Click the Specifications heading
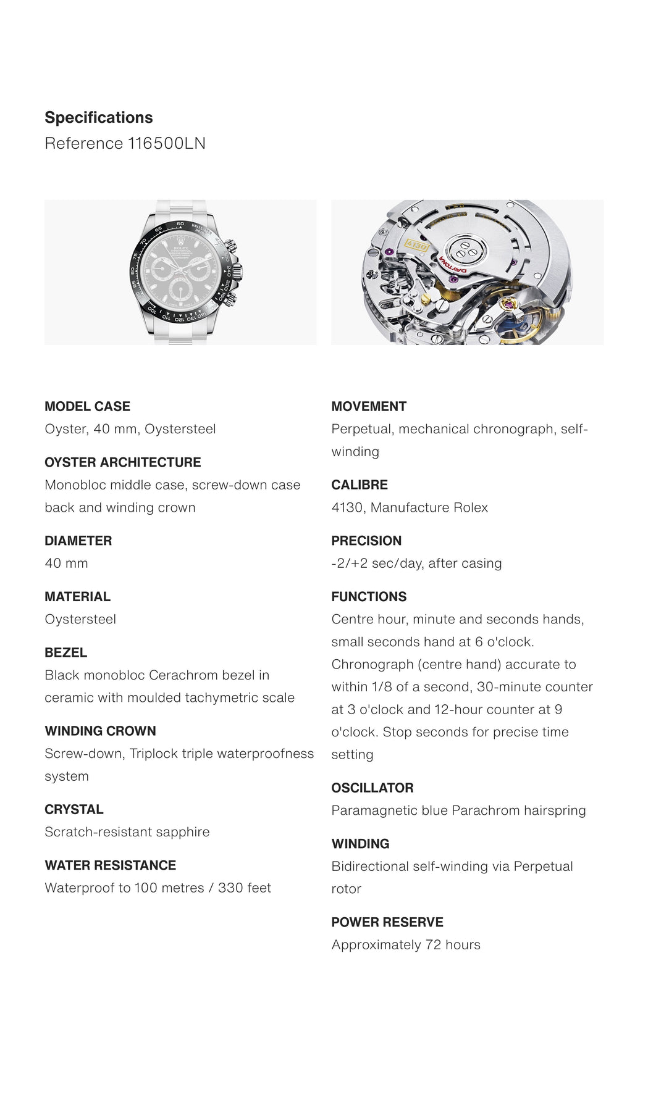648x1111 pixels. tap(99, 117)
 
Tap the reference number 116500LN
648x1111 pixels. tap(167, 143)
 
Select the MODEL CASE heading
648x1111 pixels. tap(87, 406)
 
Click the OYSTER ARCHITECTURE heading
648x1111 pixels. tap(122, 462)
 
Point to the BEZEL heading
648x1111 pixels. tap(65, 652)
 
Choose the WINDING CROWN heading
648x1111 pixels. tap(100, 731)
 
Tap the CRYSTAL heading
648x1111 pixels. tap(74, 809)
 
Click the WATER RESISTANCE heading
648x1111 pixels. tap(110, 865)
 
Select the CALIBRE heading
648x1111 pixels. tap(360, 485)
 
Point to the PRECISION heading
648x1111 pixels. tap(366, 541)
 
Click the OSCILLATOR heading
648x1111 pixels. tap(372, 788)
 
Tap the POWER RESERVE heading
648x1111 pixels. tap(387, 922)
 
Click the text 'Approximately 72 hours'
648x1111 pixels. tap(406, 944)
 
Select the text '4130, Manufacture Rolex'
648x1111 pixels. tap(410, 507)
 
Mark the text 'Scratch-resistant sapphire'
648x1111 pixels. tap(127, 832)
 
